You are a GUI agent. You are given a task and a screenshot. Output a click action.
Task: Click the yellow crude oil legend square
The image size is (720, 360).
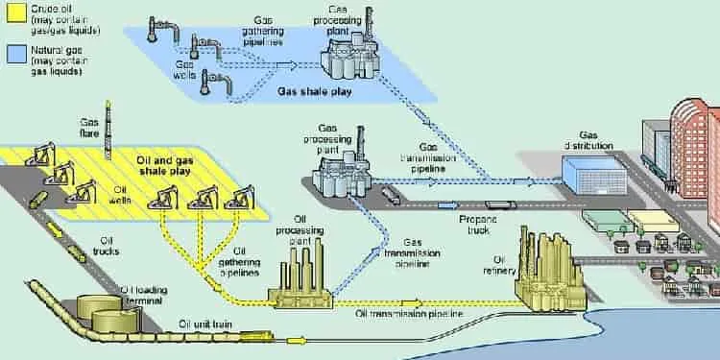point(16,12)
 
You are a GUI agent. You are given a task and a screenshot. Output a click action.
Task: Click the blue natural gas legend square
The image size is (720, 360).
point(16,53)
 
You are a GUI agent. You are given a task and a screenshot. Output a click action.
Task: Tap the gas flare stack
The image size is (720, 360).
point(108,130)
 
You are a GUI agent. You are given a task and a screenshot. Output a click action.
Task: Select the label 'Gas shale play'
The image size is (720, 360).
point(315,92)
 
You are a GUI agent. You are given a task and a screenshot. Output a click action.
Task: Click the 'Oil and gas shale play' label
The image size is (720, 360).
point(165,166)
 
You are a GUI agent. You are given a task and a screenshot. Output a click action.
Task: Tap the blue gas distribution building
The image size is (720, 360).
point(594,175)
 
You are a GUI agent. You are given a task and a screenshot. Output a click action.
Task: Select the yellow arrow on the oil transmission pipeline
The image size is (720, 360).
point(412,303)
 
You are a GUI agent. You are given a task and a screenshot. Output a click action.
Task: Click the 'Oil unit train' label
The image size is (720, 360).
point(205,325)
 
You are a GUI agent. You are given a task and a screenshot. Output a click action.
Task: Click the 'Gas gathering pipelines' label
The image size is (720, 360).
point(263,32)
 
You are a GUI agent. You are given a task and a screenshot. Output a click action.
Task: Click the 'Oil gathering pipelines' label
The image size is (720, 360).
point(239,262)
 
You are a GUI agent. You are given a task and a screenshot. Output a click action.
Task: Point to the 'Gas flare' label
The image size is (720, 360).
point(89,128)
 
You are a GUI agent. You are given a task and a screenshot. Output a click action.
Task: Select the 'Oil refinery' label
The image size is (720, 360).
point(499,266)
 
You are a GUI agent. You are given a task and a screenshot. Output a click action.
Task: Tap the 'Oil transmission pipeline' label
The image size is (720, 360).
point(409,314)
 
